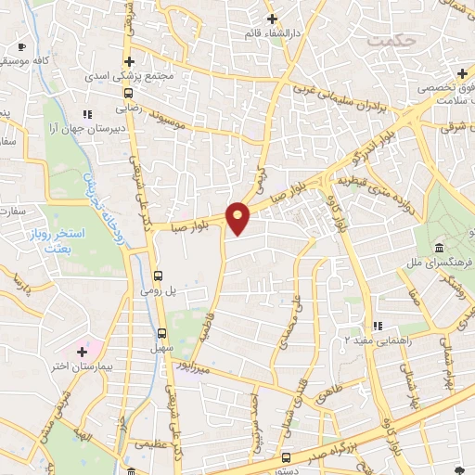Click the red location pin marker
[238, 218]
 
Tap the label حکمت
[388, 42]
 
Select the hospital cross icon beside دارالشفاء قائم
[271, 19]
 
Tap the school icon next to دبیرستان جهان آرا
[88, 114]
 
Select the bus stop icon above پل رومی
[159, 276]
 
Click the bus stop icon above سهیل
[161, 333]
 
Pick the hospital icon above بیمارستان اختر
[83, 352]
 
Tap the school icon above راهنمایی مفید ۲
[377, 326]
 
